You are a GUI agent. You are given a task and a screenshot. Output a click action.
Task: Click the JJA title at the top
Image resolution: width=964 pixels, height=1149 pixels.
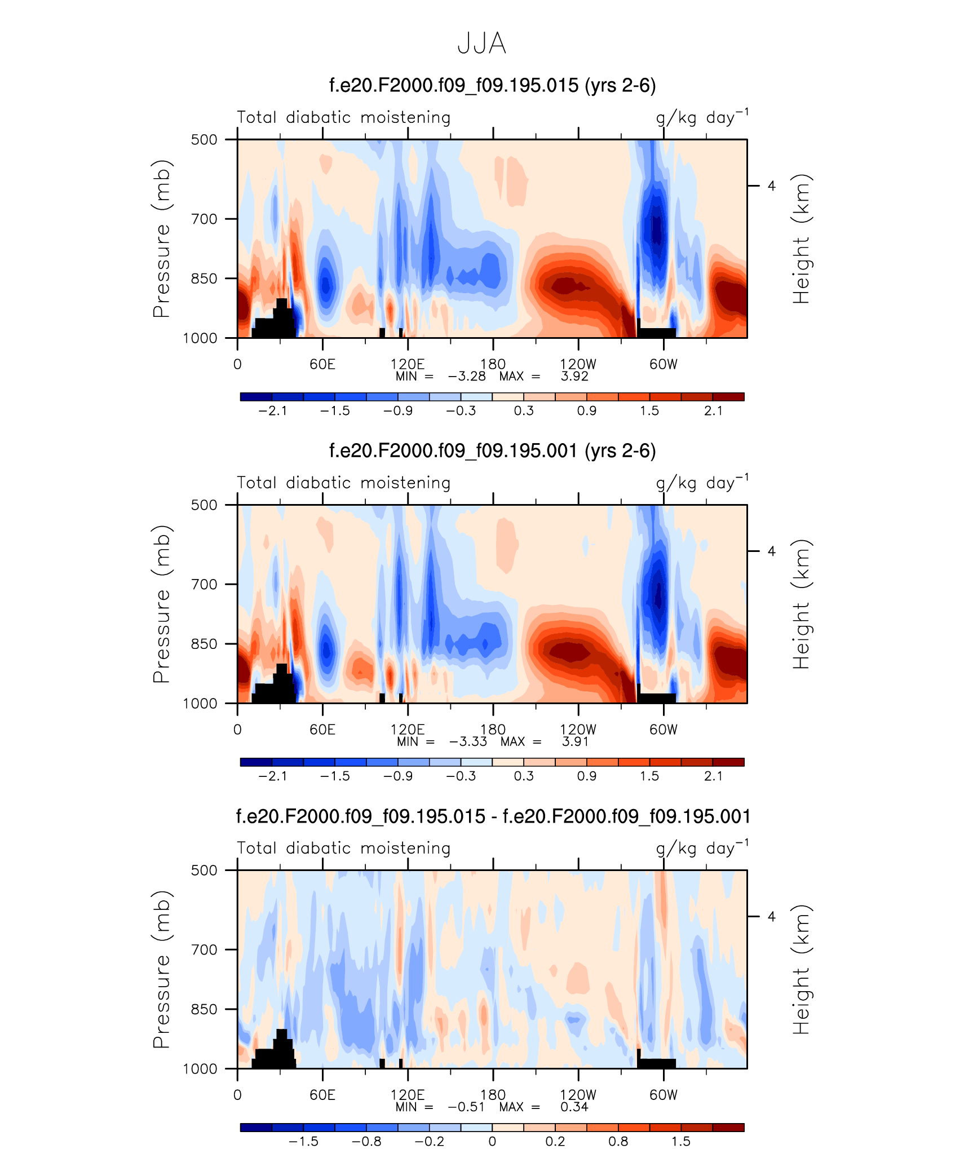click(x=481, y=43)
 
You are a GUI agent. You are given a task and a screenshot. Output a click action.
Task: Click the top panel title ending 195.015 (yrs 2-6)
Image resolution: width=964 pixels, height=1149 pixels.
click(x=492, y=85)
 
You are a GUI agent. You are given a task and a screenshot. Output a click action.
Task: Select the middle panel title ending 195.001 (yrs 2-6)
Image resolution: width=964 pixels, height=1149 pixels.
click(x=492, y=450)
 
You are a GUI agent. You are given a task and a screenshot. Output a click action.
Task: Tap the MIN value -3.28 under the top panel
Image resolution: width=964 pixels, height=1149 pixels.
click(x=467, y=377)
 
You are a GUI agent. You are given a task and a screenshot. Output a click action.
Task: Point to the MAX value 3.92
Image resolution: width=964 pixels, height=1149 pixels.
click(x=574, y=377)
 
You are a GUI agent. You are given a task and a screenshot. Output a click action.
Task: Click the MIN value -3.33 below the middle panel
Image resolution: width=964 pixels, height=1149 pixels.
click(x=468, y=742)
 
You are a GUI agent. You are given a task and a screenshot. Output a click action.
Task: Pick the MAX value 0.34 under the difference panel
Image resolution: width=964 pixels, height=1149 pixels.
click(x=574, y=1107)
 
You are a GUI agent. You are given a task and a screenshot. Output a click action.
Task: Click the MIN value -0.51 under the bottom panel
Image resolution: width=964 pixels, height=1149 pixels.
click(x=467, y=1107)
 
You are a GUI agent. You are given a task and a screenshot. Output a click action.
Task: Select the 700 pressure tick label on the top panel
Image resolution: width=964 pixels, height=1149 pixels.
click(x=204, y=219)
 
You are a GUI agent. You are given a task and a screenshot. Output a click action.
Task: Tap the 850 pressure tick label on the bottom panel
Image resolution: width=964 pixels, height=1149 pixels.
click(x=204, y=1009)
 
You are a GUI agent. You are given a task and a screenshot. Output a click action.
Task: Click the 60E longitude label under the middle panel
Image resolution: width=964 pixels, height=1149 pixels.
click(x=322, y=730)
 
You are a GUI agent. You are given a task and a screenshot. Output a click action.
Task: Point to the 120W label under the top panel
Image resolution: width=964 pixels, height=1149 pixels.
click(x=578, y=364)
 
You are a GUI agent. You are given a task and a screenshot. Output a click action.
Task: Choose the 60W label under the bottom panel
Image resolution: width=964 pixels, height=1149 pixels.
click(x=663, y=1095)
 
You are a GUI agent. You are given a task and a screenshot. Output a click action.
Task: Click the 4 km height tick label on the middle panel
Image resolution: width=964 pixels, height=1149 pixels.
click(x=771, y=551)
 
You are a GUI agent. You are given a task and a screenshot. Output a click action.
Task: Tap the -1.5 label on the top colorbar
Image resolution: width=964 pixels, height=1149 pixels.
click(x=335, y=411)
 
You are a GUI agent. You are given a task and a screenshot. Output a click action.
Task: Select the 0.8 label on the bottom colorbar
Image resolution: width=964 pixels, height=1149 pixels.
click(x=618, y=1142)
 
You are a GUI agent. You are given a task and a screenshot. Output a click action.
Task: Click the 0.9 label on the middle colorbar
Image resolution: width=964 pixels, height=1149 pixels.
click(x=586, y=776)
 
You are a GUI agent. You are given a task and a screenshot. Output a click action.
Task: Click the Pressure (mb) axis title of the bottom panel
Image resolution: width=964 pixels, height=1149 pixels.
click(x=161, y=969)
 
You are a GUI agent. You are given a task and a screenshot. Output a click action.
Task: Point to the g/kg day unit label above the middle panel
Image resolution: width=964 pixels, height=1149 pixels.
click(x=702, y=483)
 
